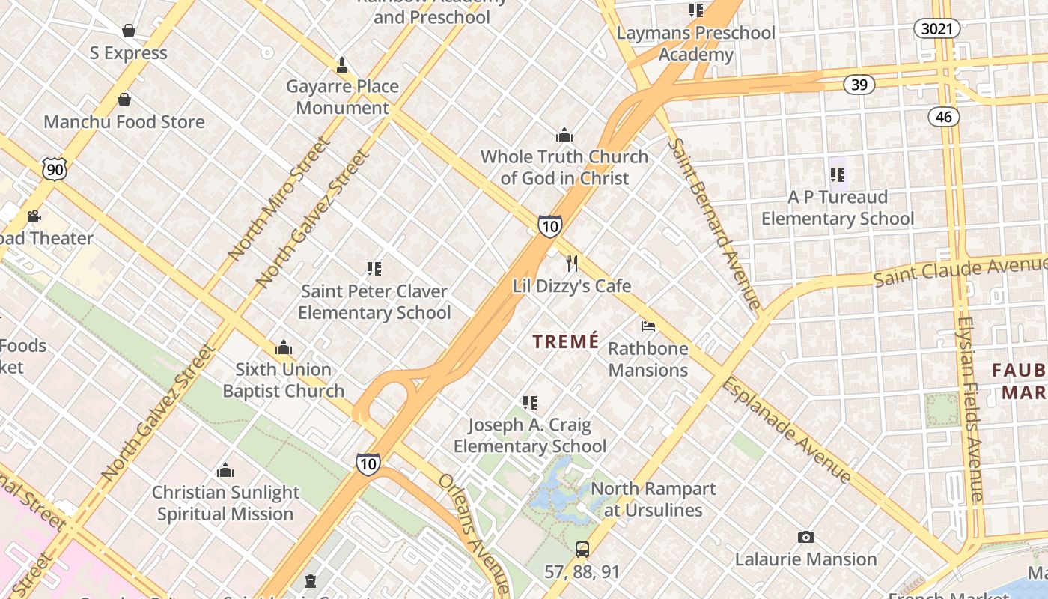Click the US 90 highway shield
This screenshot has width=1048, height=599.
54,169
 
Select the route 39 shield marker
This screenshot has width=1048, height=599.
859,85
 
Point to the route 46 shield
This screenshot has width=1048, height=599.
944,116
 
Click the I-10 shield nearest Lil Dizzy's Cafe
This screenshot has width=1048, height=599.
549,226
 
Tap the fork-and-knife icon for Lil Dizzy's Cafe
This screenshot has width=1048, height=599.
572,264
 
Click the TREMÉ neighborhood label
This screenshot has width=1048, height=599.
566,341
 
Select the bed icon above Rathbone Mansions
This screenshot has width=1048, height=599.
648,326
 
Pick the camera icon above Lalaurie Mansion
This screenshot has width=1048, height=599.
805,537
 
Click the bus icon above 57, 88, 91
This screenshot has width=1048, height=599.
582,550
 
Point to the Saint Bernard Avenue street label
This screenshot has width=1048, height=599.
714,222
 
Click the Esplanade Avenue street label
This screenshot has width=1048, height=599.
786,431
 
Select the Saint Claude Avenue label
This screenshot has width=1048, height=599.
960,271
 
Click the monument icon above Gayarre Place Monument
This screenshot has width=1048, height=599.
342,65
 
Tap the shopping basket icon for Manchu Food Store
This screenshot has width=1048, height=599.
124,100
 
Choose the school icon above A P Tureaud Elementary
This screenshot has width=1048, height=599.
837,175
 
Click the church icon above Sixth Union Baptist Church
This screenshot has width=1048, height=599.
283,347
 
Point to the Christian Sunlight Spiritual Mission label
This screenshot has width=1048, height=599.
225,503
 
